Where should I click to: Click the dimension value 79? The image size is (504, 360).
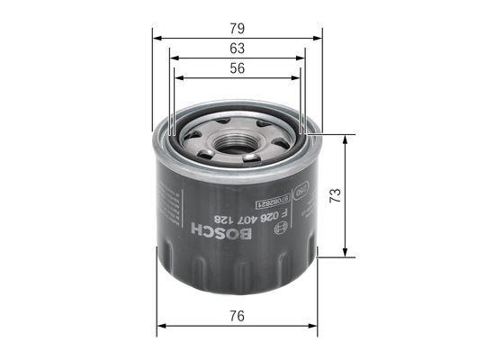tap(238, 28)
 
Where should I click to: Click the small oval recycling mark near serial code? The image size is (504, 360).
tap(302, 191)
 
